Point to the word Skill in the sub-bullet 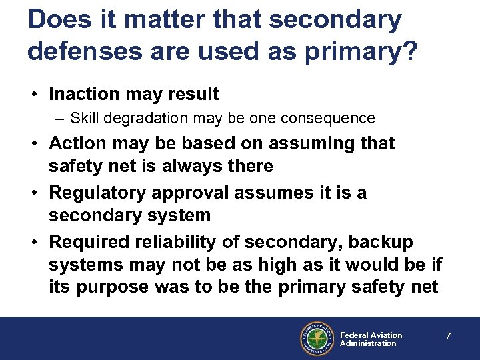point(84,119)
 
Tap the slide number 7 point(449,337)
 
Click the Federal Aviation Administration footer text point(371,339)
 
